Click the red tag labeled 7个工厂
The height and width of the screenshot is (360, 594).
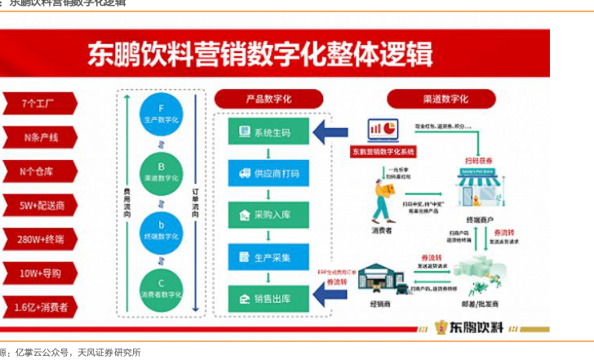pos(38,103)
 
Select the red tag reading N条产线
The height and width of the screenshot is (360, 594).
pos(38,137)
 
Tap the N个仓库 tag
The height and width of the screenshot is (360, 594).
pos(38,171)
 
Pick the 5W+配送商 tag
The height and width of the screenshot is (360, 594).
pos(38,205)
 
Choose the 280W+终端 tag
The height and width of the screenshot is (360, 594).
pos(38,239)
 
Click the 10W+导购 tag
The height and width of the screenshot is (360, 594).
pos(38,273)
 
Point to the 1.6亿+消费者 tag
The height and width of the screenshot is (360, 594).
pos(38,308)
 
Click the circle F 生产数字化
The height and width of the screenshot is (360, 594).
pos(161,113)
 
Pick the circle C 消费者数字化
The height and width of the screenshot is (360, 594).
pos(161,285)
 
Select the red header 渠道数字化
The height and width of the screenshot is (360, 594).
pos(442,99)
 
